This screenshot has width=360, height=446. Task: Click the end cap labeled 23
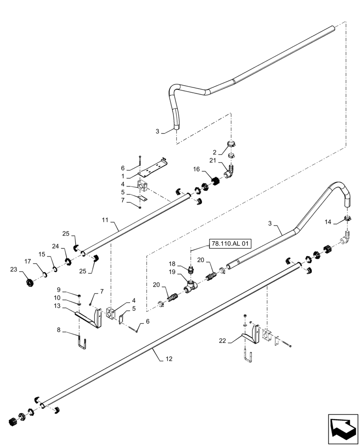(29, 282)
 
